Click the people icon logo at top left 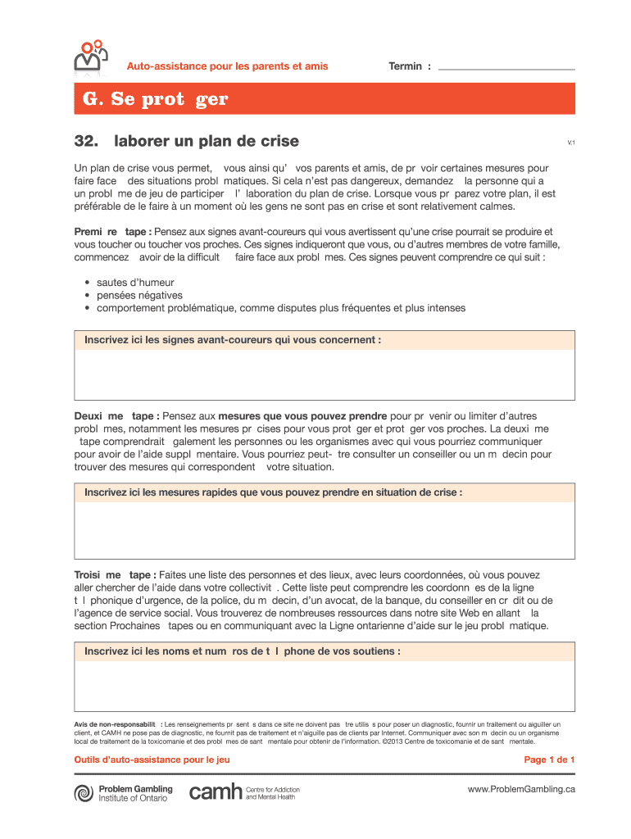[92, 56]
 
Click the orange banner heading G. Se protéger [156, 100]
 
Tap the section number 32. [86, 141]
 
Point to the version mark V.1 [571, 143]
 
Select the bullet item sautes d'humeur [135, 283]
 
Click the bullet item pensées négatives [139, 295]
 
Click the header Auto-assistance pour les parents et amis [227, 66]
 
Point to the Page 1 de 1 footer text [549, 760]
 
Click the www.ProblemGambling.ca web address [521, 789]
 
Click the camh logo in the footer [216, 792]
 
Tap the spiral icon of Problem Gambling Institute [84, 793]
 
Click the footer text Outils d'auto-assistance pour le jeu [152, 760]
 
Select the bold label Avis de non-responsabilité [116, 724]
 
